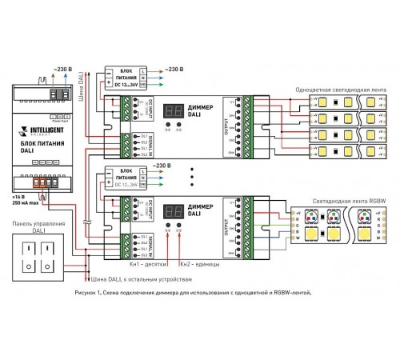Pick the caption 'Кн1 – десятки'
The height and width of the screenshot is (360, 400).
pyautogui.click(x=147, y=263)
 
